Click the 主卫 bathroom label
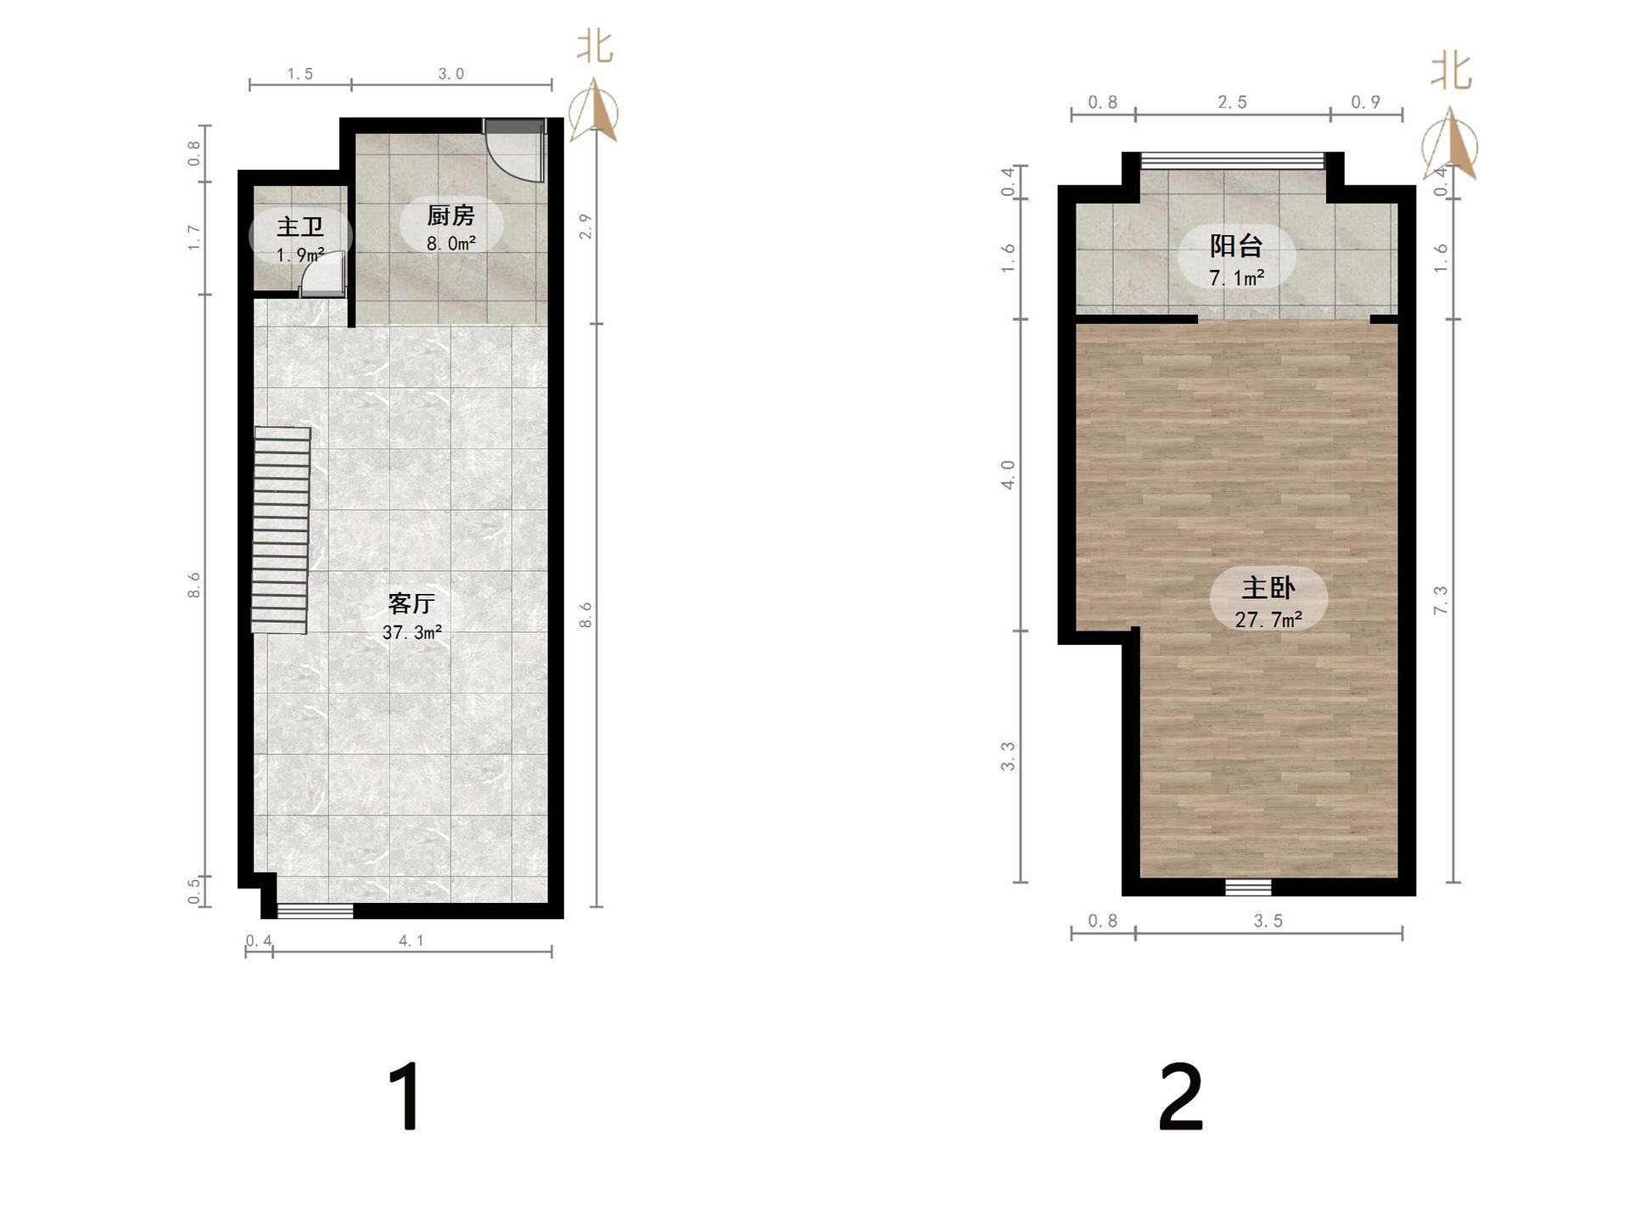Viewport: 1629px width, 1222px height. (x=300, y=227)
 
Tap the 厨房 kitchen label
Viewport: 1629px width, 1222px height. (x=451, y=216)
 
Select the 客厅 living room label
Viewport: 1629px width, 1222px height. (x=411, y=603)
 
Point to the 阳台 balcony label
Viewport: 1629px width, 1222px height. (x=1236, y=246)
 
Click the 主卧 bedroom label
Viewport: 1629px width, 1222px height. (x=1268, y=588)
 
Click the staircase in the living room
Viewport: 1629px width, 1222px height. (x=281, y=530)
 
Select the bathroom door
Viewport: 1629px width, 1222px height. (x=324, y=274)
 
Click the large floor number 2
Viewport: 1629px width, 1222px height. (x=1181, y=1097)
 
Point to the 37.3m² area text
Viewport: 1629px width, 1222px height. (x=411, y=632)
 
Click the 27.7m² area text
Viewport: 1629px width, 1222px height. (x=1268, y=619)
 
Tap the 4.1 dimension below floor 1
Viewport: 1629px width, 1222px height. (x=411, y=940)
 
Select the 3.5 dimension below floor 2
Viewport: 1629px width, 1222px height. (x=1268, y=921)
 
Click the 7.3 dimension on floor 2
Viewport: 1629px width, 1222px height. (x=1441, y=600)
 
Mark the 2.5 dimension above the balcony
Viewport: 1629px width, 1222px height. (x=1233, y=102)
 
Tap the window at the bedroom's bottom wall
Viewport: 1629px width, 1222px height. (x=1248, y=888)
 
